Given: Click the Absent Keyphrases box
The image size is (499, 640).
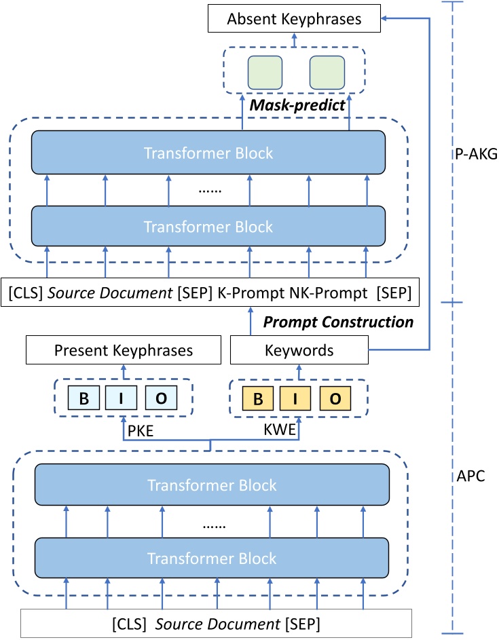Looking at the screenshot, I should (293, 20).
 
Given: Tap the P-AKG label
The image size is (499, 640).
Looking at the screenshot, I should (474, 154).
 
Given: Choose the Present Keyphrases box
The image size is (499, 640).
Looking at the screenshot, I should (124, 351).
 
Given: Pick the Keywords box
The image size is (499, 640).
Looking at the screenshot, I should (299, 351).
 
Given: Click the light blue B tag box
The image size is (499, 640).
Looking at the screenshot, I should (84, 398).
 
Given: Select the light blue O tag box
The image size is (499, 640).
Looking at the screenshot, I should (162, 398).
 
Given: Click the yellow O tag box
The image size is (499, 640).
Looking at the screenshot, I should (335, 398).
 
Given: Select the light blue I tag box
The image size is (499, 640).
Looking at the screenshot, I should (122, 398).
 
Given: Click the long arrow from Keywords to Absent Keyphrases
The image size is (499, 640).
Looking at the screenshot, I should (430, 183).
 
